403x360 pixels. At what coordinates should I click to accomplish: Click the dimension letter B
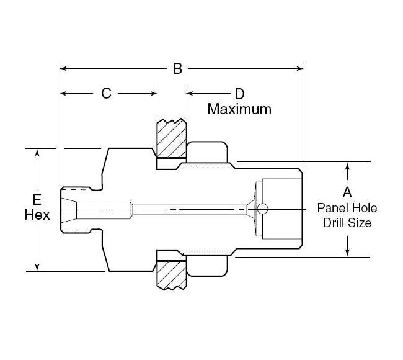tap(177, 68)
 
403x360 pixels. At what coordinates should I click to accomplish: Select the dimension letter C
tap(106, 94)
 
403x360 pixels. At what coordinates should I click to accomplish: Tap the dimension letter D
tap(239, 94)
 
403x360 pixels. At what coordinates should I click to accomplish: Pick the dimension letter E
tap(37, 200)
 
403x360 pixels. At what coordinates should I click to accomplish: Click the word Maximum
tap(239, 109)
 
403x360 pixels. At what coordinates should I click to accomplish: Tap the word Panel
tap(333, 208)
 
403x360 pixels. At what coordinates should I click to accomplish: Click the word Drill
tap(335, 222)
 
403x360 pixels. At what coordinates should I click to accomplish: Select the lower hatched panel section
tap(171, 275)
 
